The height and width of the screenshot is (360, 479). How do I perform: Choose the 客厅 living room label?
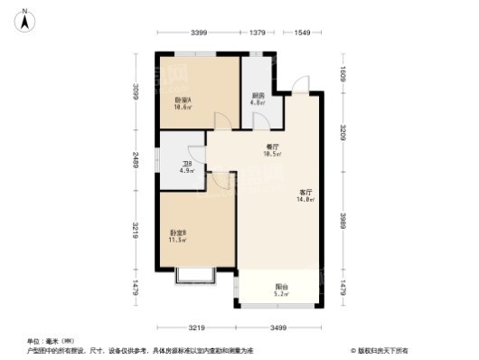tap(305, 191)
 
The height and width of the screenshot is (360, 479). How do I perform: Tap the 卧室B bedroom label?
tap(177, 233)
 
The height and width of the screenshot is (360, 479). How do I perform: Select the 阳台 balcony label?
tap(281, 288)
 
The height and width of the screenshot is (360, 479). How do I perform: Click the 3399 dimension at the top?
tap(202, 33)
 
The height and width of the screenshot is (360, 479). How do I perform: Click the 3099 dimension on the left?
tap(135, 93)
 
